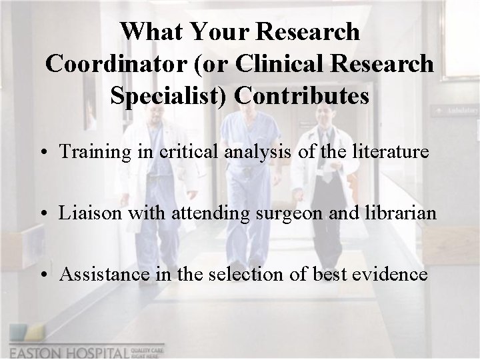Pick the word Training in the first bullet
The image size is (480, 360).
(x=91, y=152)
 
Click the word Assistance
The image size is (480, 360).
(x=99, y=274)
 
